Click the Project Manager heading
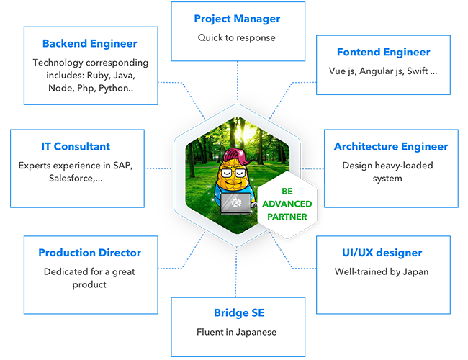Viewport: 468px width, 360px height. [237, 19]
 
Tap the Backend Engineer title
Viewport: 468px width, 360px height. [89, 44]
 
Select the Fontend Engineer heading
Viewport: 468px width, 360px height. [383, 52]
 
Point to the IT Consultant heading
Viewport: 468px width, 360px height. [76, 146]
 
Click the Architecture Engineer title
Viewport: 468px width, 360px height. [390, 146]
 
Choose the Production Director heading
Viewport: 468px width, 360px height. [89, 253]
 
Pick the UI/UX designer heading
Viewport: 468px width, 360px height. [382, 253]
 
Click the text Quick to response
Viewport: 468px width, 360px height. [237, 37]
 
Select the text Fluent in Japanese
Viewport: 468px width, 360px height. [236, 332]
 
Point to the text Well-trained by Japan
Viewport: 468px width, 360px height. [382, 271]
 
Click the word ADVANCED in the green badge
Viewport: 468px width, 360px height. [287, 204]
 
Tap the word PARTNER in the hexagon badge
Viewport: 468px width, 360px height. [287, 216]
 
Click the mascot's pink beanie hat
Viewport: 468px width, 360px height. [235, 154]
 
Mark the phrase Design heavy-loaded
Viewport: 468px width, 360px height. [387, 165]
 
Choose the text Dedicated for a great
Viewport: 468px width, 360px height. [89, 271]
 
